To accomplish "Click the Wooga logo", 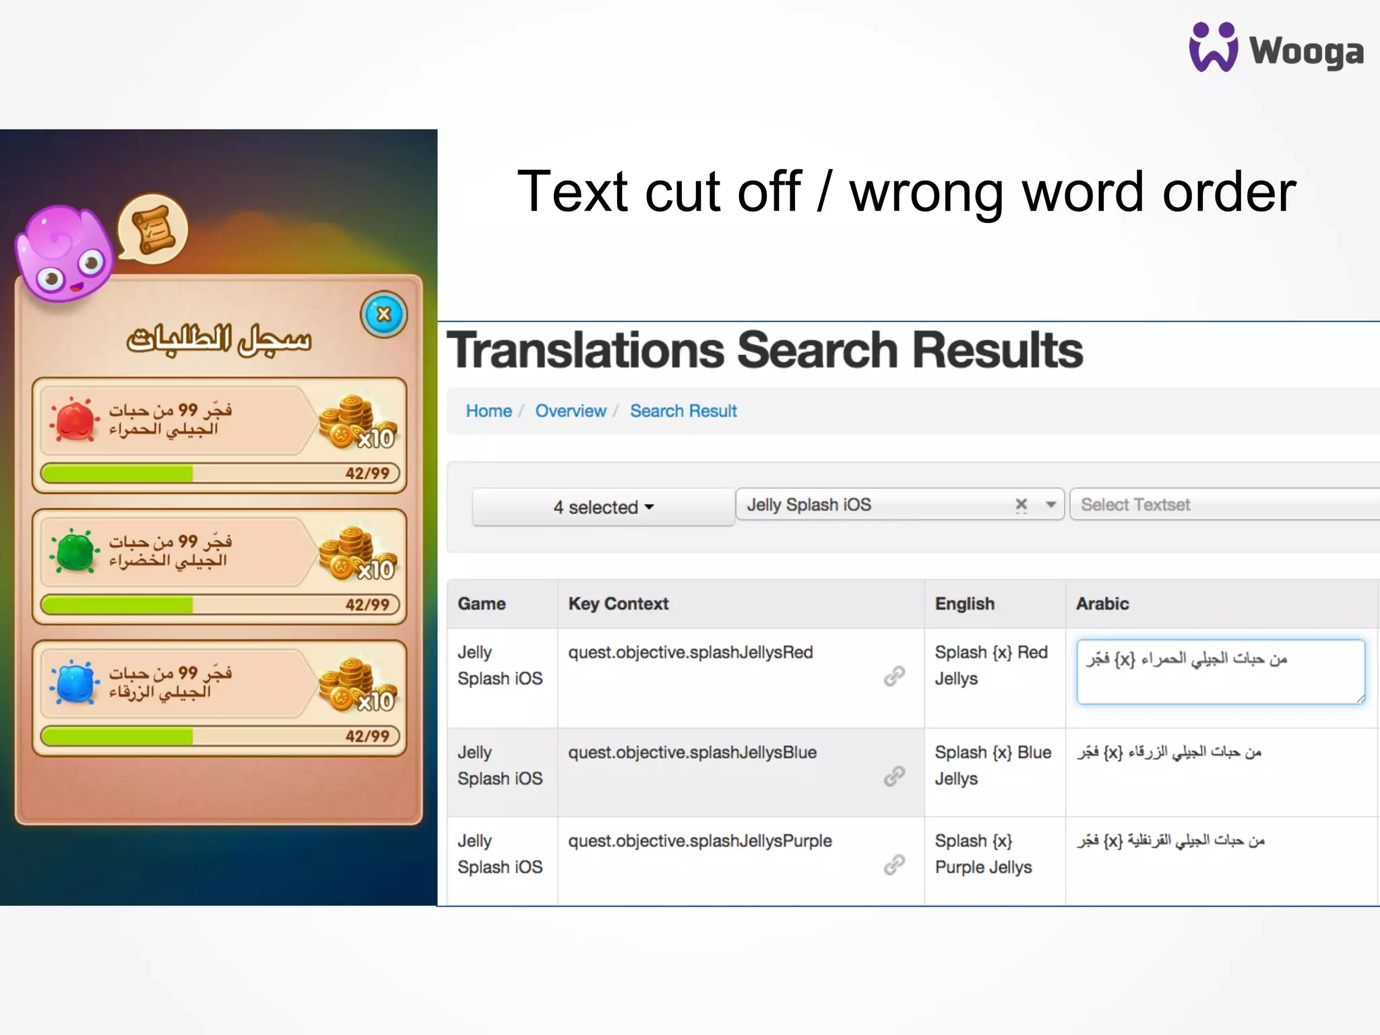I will tap(1276, 49).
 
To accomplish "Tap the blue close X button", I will tap(383, 315).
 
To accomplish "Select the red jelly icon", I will tap(75, 419).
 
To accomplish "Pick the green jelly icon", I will tap(75, 551).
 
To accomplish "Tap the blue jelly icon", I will tap(75, 682).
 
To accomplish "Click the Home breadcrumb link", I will tap(489, 411).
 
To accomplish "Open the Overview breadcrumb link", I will tap(570, 411).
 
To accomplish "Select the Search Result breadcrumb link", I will tap(683, 411).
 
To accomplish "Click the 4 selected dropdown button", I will tap(603, 507).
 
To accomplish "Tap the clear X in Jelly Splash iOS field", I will tap(1022, 505).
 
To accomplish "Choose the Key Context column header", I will tap(618, 604).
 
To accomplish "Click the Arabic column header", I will tap(1102, 604).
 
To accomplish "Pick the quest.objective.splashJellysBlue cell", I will tap(692, 753).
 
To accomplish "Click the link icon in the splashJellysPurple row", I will tap(894, 865).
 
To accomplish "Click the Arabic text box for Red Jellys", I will tap(1220, 672).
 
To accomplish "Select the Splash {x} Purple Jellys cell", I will tap(983, 854).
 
